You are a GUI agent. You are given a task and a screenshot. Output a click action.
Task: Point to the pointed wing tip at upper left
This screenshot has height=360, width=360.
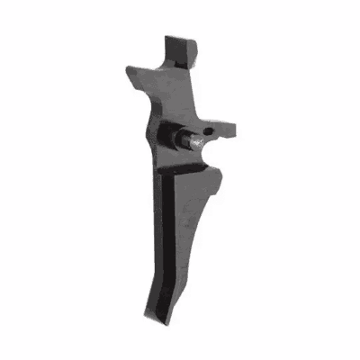point(127,64)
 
